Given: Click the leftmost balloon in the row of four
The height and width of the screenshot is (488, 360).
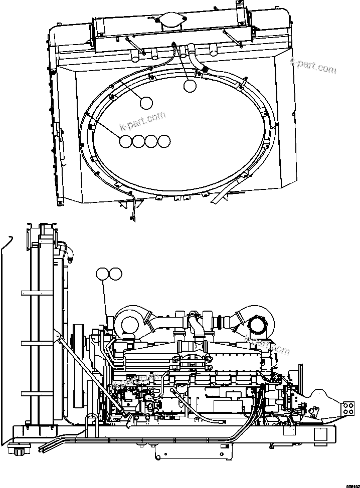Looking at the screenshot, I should pyautogui.click(x=126, y=142).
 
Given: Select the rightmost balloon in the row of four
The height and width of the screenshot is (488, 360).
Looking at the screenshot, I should pyautogui.click(x=164, y=142).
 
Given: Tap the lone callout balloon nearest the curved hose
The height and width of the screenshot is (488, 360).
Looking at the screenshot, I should pyautogui.click(x=190, y=86).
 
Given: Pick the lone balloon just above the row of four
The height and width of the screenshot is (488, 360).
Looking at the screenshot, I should pyautogui.click(x=146, y=103).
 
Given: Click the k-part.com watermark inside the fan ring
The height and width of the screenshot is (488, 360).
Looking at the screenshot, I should pyautogui.click(x=142, y=120).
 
